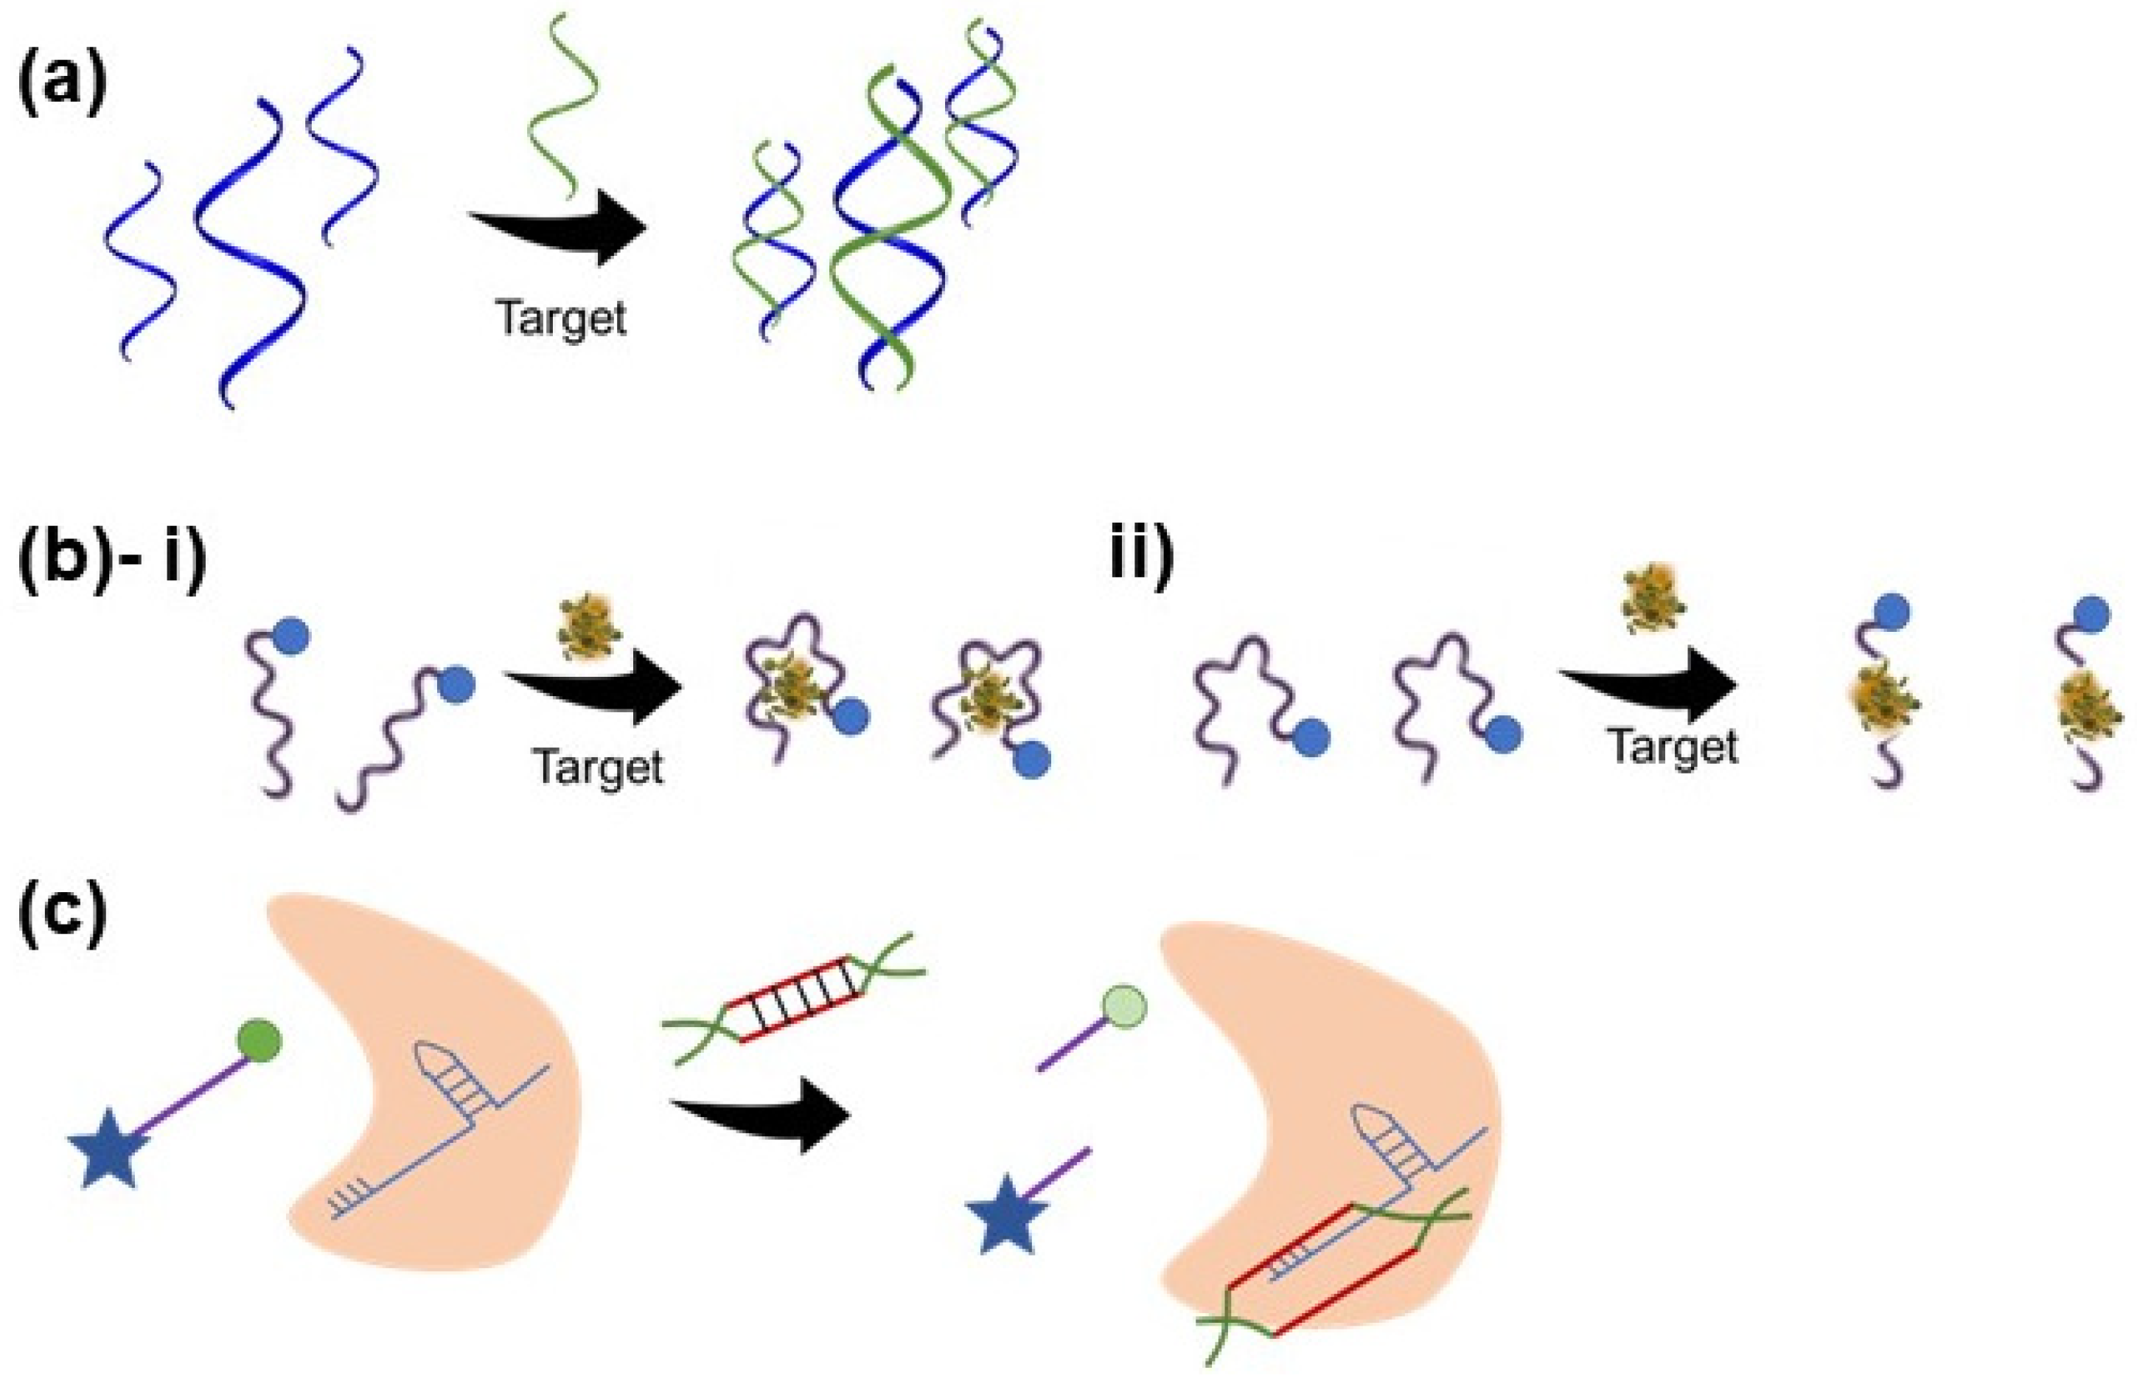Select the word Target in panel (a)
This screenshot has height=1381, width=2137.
[x=561, y=319]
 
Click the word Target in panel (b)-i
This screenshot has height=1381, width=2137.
[x=598, y=767]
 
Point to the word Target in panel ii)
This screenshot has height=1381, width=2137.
[x=1673, y=746]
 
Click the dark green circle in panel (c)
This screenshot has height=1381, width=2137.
[x=260, y=1041]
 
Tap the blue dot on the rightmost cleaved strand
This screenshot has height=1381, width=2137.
[x=2091, y=614]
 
